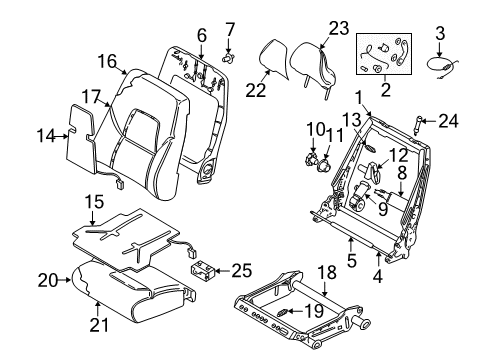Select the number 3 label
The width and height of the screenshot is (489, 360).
click(439, 34)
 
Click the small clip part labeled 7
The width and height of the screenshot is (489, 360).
click(227, 56)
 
